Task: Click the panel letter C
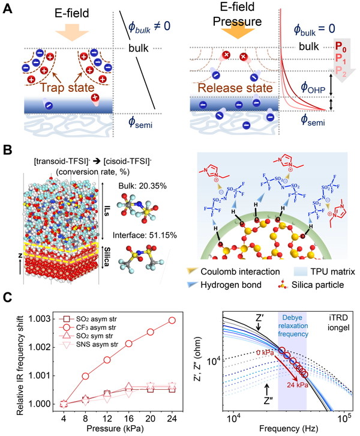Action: [8, 296]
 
